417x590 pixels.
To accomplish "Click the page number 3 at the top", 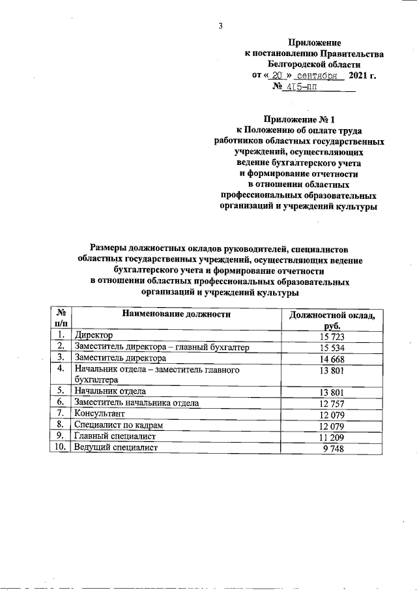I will tap(221, 26).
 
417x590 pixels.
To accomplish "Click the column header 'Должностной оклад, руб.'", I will tap(332, 319).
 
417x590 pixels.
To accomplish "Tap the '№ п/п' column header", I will tap(61, 319).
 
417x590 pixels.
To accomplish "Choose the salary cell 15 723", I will tap(331, 336).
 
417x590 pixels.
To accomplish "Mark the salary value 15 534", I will tap(331, 347).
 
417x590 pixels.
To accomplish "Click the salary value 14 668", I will tap(331, 358).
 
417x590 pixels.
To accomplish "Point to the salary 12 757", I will tap(331, 403).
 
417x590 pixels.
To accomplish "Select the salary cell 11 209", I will tap(331, 437).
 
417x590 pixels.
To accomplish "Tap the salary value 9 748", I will tap(333, 448).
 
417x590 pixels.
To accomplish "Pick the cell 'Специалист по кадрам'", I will tap(117, 425).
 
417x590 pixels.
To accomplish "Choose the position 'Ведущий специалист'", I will tap(116, 448).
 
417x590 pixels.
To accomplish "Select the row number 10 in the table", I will tap(61, 448).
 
